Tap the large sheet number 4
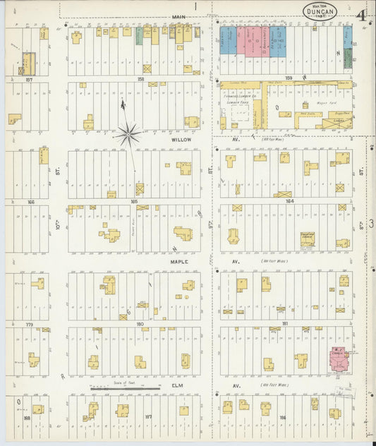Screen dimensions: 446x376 pos(360,14)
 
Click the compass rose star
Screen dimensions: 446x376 pos(128,133)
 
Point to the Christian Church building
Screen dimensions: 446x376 pos(307,240)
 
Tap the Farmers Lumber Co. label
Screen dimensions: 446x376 pos(241,93)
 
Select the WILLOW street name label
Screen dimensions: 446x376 pos(181,140)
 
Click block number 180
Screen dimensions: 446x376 pos(140,325)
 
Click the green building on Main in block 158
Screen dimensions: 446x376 pos(140,35)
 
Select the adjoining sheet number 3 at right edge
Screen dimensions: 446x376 pos(370,224)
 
